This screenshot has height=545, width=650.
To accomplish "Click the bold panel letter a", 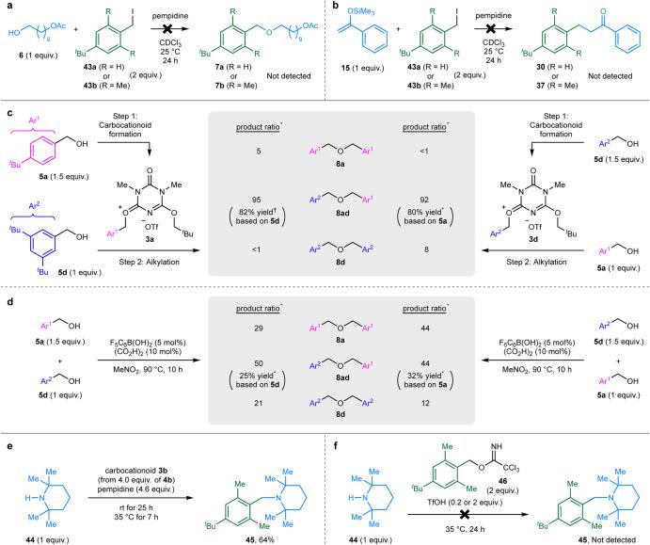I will (7, 7).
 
